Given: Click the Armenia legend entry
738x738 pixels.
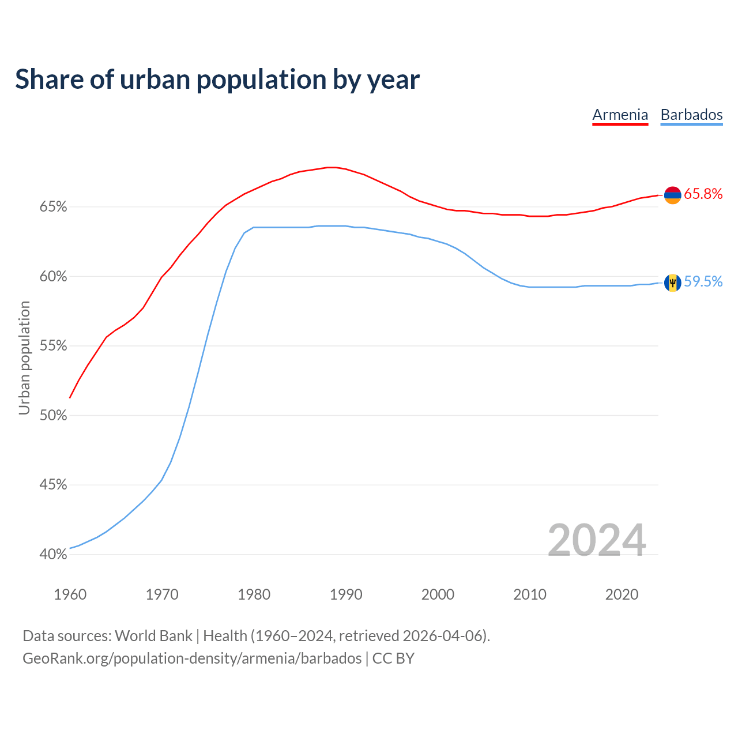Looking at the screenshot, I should click(x=620, y=115).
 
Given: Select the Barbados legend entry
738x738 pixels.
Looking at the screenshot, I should click(x=691, y=115).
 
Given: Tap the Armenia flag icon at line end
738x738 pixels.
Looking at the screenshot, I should click(x=673, y=195).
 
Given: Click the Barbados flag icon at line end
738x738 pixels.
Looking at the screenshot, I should click(x=673, y=283).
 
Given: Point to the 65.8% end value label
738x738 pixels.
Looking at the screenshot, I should click(x=703, y=194).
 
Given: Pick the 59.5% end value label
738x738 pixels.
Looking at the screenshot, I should click(x=703, y=281).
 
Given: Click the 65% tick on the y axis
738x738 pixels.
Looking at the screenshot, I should click(x=54, y=207).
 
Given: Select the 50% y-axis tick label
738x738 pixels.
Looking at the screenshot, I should click(x=54, y=416).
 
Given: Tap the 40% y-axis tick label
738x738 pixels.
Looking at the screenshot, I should click(x=54, y=555).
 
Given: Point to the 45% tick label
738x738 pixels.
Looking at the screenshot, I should click(x=54, y=485).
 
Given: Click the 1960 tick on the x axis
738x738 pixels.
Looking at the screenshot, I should click(x=70, y=594).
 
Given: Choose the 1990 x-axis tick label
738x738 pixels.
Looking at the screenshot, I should click(x=346, y=594).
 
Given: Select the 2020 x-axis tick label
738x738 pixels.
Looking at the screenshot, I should click(x=622, y=594).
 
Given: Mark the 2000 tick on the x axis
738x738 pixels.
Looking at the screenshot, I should click(x=438, y=594).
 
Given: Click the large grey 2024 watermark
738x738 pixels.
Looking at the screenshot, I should click(x=597, y=540).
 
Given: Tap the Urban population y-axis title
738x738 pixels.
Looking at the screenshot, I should click(x=24, y=357).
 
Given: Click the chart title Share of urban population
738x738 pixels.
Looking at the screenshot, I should click(x=217, y=79).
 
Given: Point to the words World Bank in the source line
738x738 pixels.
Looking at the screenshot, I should click(x=153, y=636).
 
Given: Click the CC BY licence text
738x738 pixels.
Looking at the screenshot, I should click(x=393, y=658).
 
